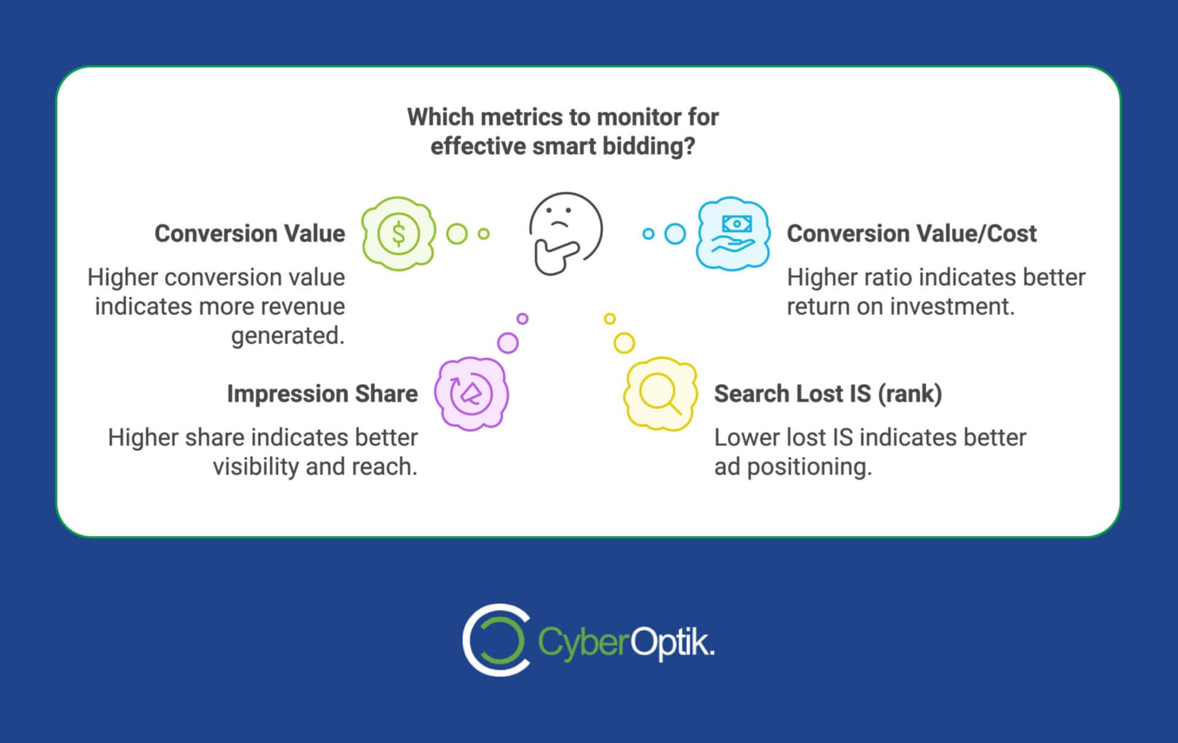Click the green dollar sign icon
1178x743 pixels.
pyautogui.click(x=398, y=234)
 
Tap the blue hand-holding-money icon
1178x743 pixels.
pyautogui.click(x=733, y=234)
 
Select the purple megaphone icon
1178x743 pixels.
pyautogui.click(x=471, y=394)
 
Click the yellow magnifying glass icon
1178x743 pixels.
pyautogui.click(x=660, y=394)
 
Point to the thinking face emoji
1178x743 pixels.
pyautogui.click(x=565, y=233)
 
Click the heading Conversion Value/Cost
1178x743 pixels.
pyautogui.click(x=912, y=234)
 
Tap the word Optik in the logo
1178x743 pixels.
pyautogui.click(x=671, y=642)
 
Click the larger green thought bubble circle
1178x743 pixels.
pyautogui.click(x=456, y=234)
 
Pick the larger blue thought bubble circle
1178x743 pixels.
pyautogui.click(x=675, y=234)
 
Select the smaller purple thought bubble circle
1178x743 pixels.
pyautogui.click(x=522, y=319)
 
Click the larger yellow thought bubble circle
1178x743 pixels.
pyautogui.click(x=624, y=343)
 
